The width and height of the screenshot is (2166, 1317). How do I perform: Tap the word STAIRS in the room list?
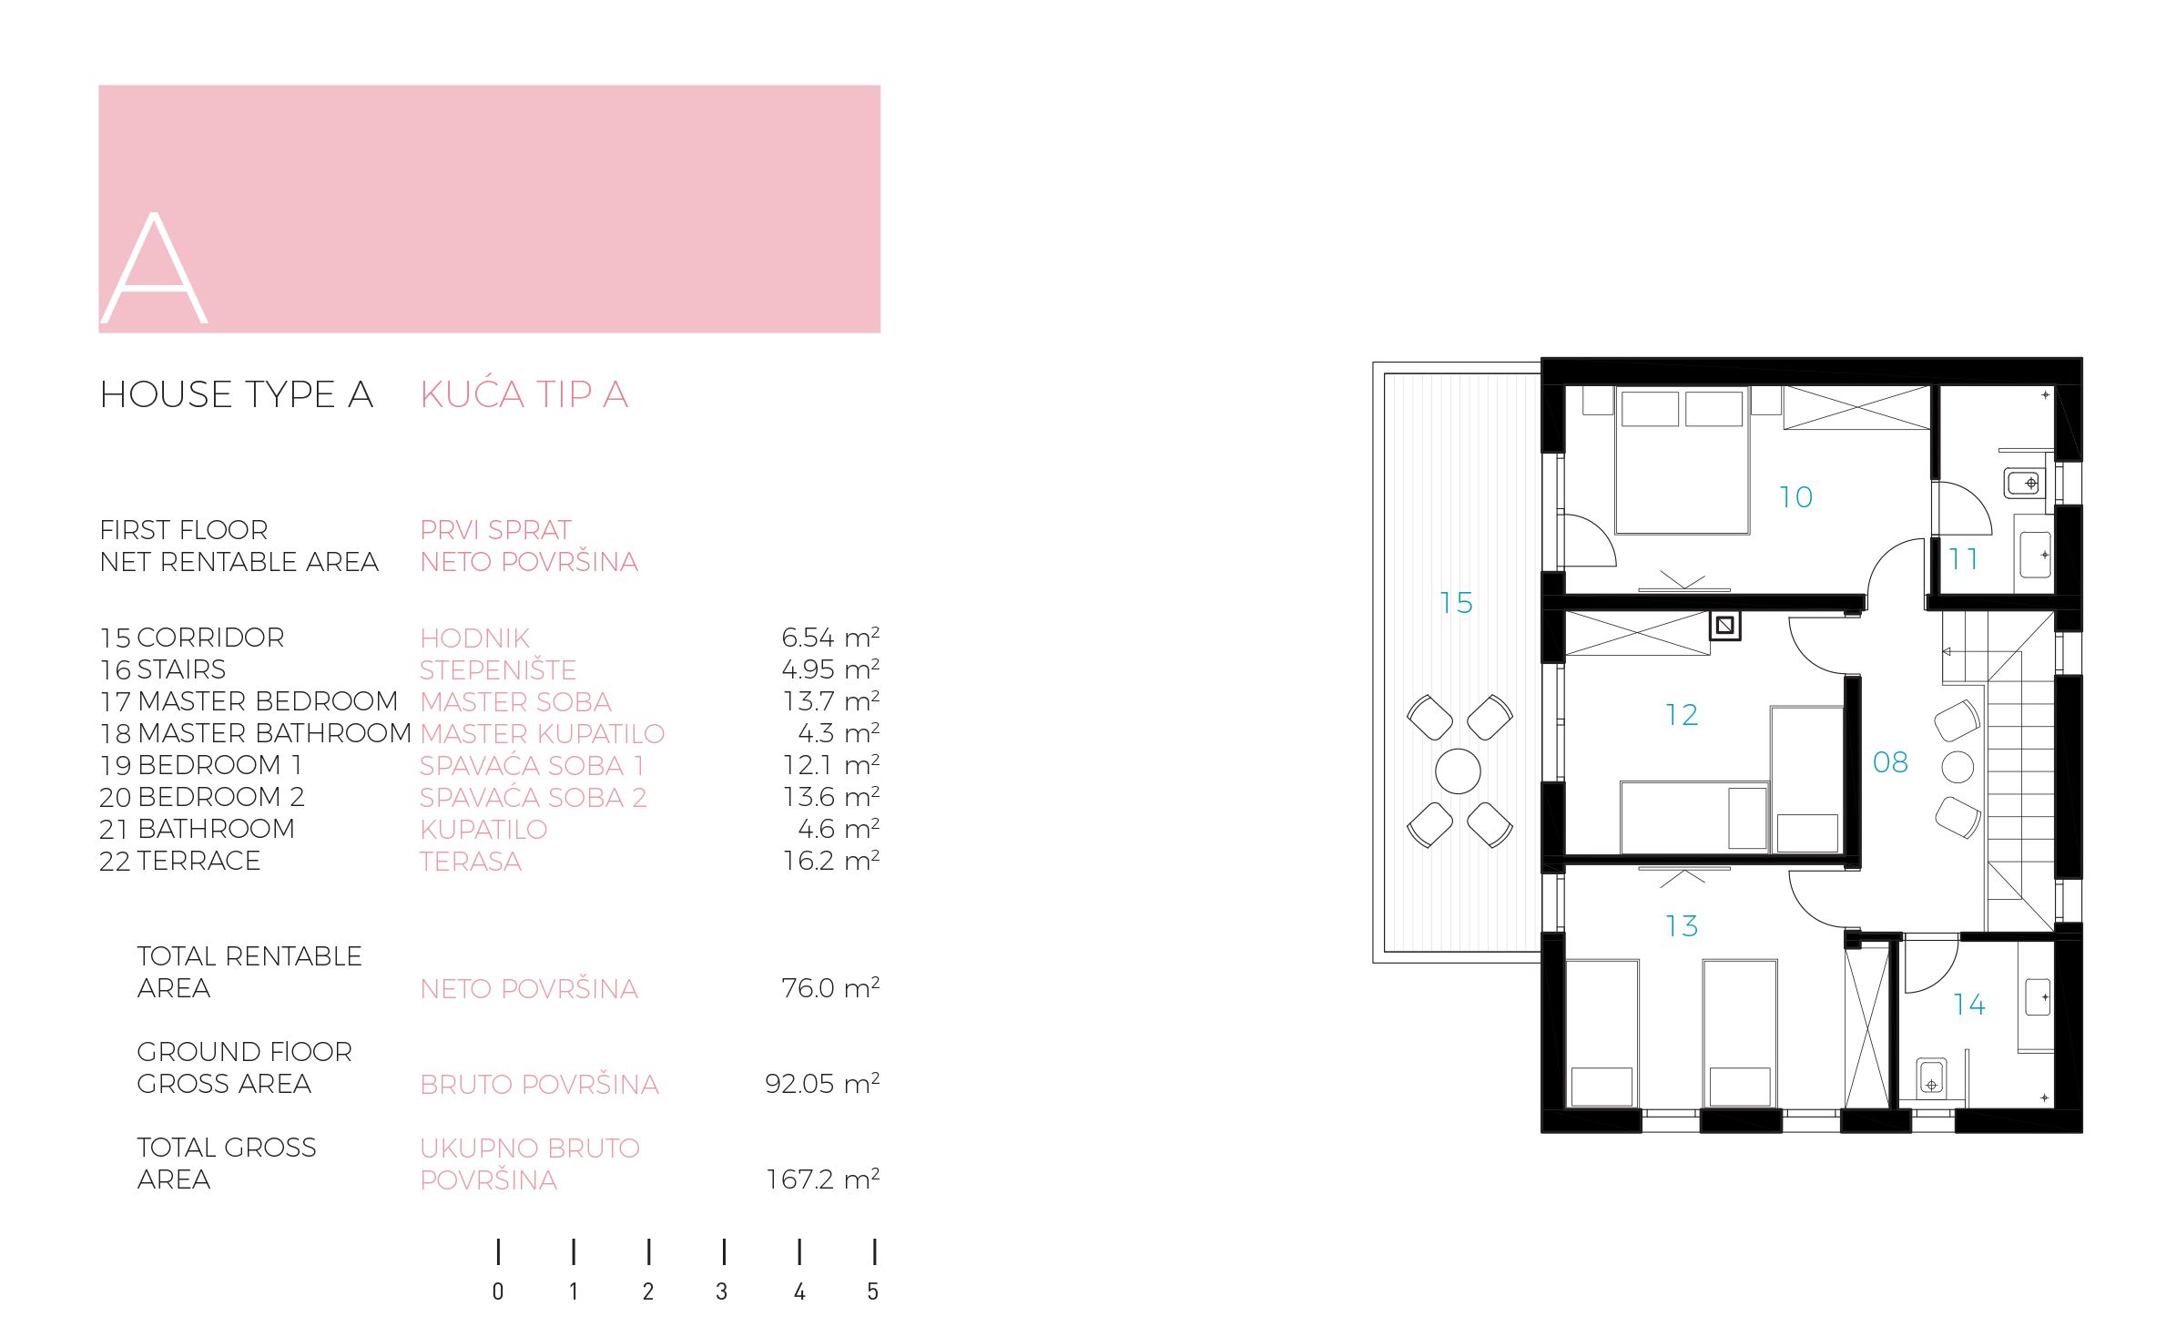click(181, 669)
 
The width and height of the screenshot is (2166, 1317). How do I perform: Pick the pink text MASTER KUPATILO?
click(543, 733)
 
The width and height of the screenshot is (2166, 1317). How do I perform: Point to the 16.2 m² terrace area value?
click(831, 860)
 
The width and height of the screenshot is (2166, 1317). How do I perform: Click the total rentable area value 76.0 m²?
click(830, 987)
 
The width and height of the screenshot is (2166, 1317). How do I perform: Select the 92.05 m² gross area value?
click(822, 1083)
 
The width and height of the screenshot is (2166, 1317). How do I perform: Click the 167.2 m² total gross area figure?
click(823, 1179)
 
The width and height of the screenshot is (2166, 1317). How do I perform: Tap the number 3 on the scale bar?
click(722, 1291)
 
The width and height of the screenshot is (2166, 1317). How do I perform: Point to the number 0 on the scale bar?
click(498, 1291)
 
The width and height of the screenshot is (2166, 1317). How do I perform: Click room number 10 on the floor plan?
click(1795, 497)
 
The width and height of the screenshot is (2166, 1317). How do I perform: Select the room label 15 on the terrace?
click(1456, 603)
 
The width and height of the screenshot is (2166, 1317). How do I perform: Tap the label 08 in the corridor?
click(1890, 762)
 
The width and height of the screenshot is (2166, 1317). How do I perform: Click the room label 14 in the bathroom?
click(1968, 1005)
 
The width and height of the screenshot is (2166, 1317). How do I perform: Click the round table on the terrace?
click(1458, 771)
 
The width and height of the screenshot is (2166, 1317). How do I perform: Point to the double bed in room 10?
click(1683, 461)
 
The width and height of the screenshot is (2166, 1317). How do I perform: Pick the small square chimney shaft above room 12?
click(1724, 626)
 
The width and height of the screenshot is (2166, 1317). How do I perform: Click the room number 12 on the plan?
click(1682, 715)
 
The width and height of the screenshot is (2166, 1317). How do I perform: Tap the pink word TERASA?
click(471, 861)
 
